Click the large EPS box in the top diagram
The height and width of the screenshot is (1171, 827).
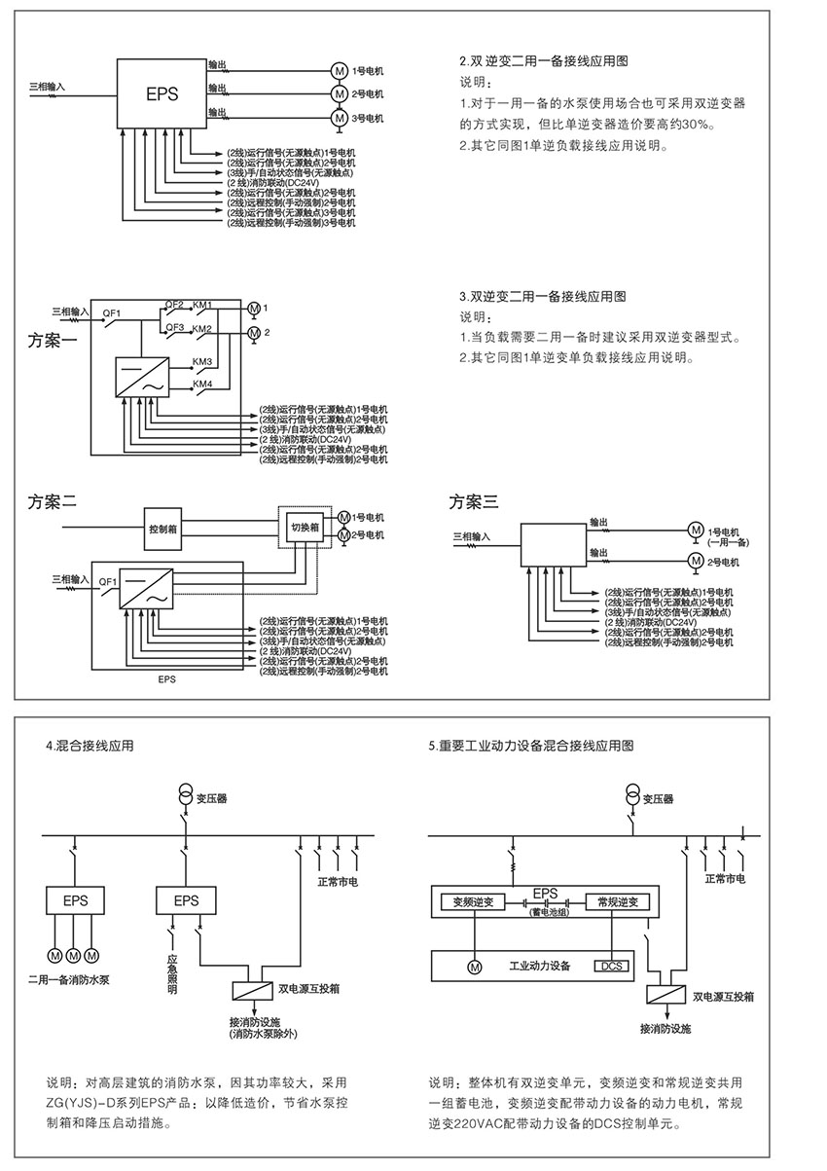tap(162, 94)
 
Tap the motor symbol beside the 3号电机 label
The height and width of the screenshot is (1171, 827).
tap(339, 117)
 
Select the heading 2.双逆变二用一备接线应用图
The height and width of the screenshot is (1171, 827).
tap(543, 60)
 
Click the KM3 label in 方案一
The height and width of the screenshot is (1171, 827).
tap(202, 362)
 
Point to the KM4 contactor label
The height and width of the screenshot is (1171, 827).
tap(202, 384)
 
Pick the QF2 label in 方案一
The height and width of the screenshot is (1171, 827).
tap(175, 304)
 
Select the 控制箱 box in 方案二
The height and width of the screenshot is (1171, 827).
tap(162, 530)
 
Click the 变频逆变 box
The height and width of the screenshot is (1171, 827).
tap(473, 902)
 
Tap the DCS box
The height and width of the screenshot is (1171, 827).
tap(611, 966)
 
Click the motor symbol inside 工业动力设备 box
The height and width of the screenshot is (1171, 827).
tap(474, 967)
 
